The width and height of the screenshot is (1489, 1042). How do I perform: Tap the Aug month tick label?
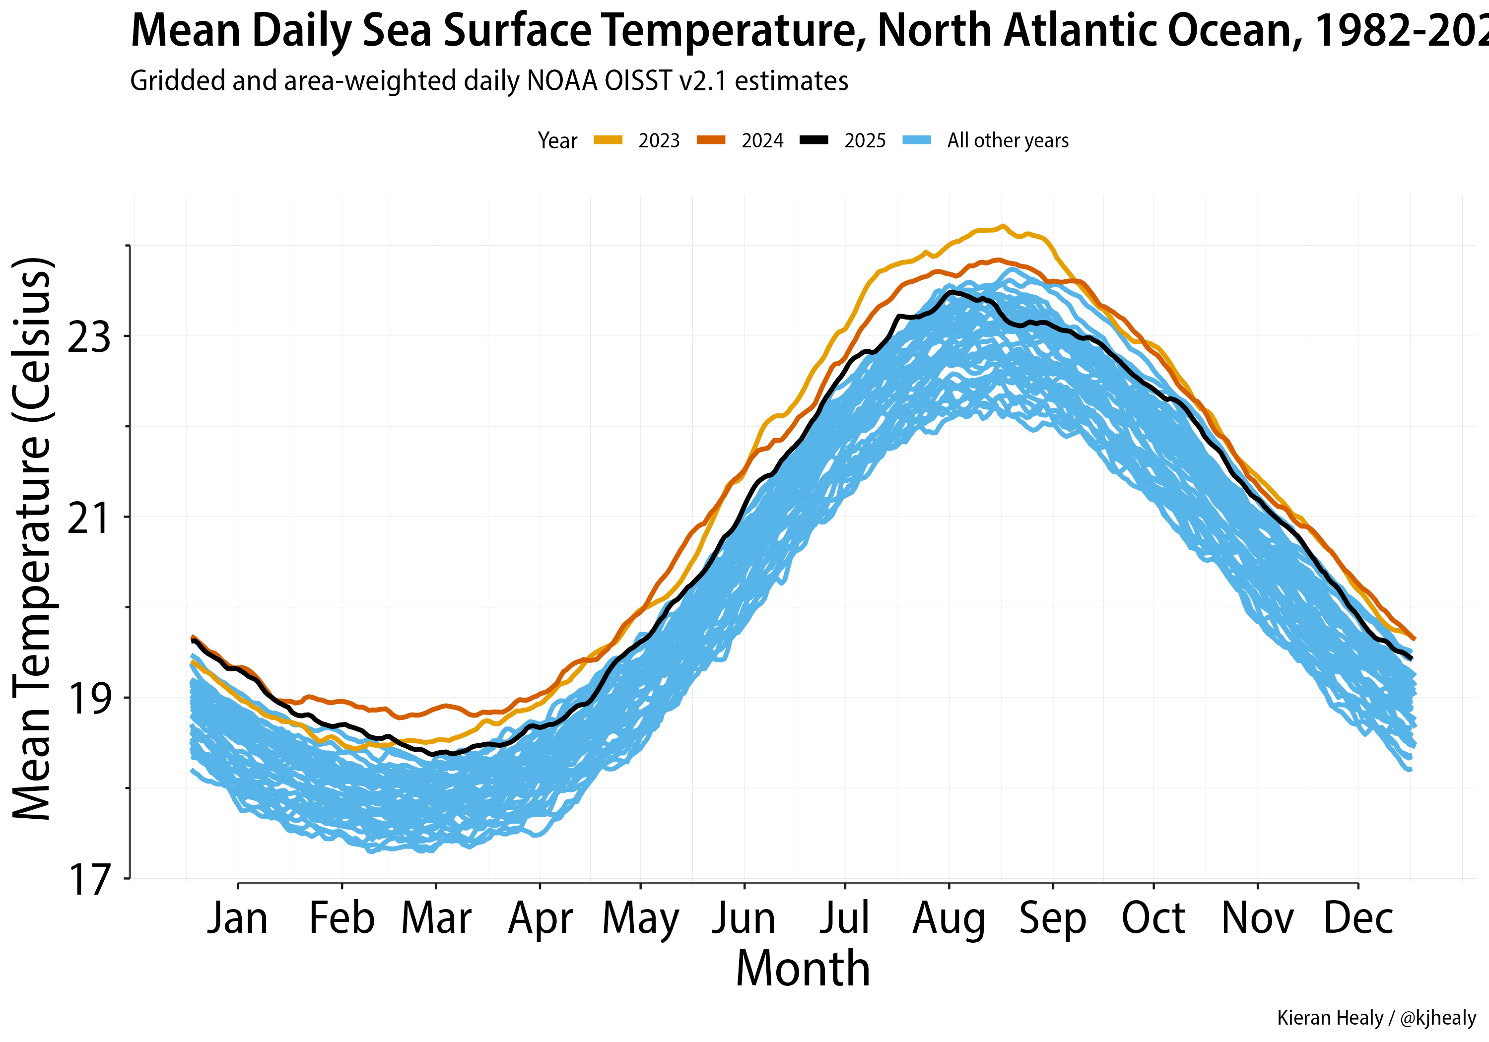[949, 919]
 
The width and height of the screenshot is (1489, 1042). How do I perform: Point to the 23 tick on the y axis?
[89, 337]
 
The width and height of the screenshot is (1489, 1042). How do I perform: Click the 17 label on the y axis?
[89, 879]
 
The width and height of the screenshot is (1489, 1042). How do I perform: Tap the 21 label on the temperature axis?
[89, 518]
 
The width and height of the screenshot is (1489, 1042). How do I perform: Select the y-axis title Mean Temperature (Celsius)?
[32, 538]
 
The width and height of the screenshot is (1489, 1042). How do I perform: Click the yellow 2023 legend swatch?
[608, 140]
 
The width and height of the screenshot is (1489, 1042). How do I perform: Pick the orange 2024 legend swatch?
[711, 140]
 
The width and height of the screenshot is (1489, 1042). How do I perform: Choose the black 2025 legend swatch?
[814, 140]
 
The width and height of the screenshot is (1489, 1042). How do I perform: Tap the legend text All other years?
[1008, 140]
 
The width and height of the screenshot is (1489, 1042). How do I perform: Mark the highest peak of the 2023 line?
[1002, 226]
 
